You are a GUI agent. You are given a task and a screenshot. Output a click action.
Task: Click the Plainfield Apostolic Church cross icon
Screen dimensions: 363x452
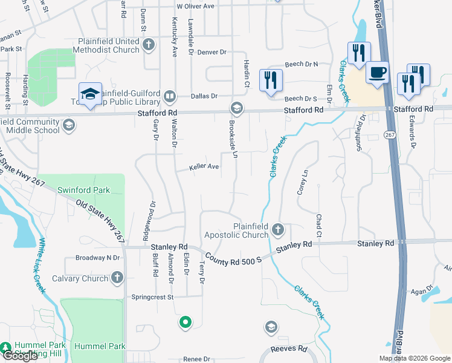277,229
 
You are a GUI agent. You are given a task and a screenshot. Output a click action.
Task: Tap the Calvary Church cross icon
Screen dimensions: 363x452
117,278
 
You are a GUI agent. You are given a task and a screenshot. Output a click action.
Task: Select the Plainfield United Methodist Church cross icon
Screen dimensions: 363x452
149,42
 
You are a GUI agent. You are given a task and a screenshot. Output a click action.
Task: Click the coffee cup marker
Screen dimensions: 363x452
377,73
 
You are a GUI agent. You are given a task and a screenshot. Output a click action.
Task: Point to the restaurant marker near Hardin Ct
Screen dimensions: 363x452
270,79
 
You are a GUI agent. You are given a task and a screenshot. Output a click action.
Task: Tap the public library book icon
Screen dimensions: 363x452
170,96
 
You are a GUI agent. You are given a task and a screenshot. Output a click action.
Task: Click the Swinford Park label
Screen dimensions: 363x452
83,190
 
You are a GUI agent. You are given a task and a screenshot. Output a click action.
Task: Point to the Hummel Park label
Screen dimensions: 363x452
100,346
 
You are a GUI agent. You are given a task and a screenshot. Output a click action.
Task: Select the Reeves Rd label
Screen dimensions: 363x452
289,348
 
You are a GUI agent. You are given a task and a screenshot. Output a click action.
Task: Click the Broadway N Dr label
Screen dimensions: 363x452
98,258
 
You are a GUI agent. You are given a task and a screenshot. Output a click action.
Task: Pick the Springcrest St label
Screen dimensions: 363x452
152,297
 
